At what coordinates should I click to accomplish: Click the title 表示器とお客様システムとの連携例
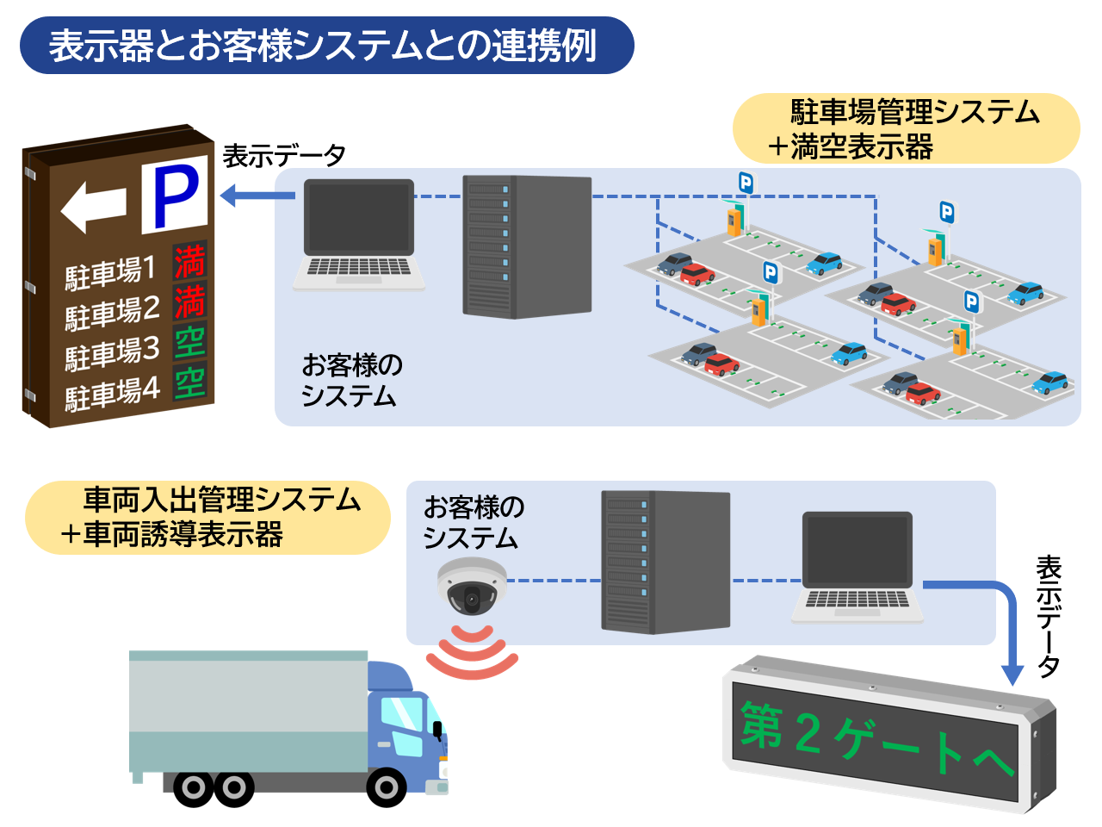pyautogui.click(x=323, y=46)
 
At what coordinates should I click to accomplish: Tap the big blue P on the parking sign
pyautogui.click(x=175, y=196)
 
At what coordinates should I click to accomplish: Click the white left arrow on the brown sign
pyautogui.click(x=93, y=207)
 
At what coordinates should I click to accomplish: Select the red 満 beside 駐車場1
pyautogui.click(x=189, y=262)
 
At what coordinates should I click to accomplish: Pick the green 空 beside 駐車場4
pyautogui.click(x=189, y=382)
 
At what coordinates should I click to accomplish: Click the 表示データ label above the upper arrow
pyautogui.click(x=284, y=156)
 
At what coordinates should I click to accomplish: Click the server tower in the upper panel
pyautogui.click(x=527, y=246)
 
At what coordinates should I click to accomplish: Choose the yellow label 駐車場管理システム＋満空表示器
pyautogui.click(x=906, y=129)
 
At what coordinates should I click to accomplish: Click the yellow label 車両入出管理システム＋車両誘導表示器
pyautogui.click(x=207, y=517)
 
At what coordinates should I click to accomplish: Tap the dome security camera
pyautogui.click(x=471, y=587)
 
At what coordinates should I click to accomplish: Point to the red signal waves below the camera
pyautogui.click(x=472, y=654)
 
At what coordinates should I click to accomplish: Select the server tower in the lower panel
pyautogui.click(x=665, y=562)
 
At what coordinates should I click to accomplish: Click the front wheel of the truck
pyautogui.click(x=386, y=787)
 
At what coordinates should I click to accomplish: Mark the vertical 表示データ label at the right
pyautogui.click(x=1049, y=616)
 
